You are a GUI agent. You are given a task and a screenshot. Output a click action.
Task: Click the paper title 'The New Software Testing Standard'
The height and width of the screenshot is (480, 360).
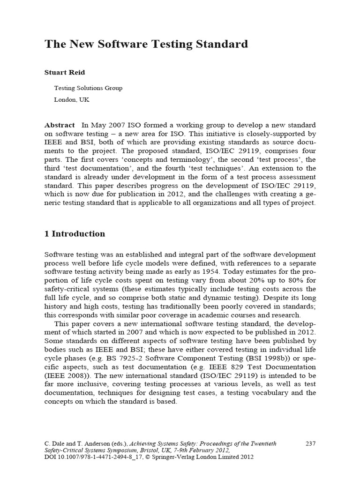[x=146, y=45]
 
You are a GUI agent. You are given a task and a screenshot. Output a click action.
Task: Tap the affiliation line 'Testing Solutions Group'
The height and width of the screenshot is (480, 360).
[x=88, y=88]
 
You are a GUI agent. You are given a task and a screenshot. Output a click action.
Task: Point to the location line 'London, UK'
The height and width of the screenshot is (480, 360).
[x=72, y=100]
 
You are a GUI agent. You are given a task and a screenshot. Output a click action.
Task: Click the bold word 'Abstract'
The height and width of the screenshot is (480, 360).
[x=60, y=125]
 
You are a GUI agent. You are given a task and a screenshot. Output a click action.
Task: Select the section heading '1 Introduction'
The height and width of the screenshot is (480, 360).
[x=75, y=233]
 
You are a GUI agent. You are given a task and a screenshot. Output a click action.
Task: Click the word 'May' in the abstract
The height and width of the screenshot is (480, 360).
[x=97, y=125]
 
